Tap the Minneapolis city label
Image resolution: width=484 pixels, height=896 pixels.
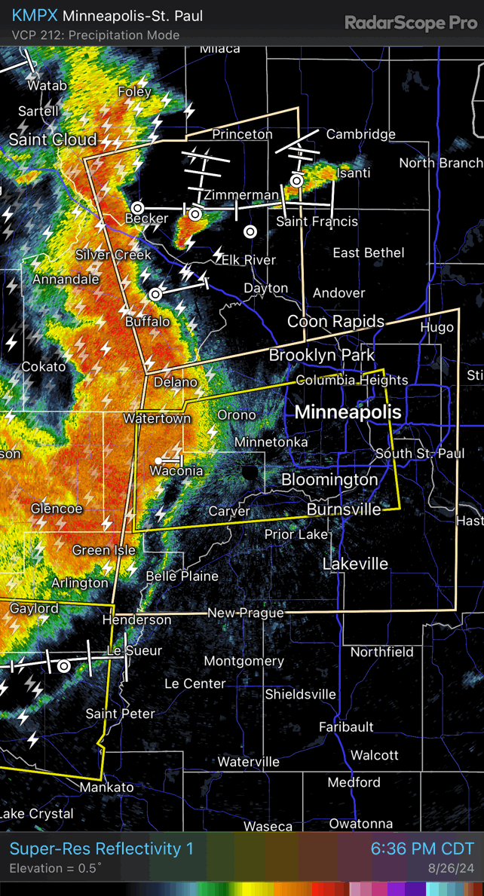pyautogui.click(x=348, y=411)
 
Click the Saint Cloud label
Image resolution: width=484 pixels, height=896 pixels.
pyautogui.click(x=53, y=139)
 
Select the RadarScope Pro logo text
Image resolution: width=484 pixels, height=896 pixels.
pyautogui.click(x=411, y=23)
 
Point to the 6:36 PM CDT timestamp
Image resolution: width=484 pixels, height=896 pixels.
pyautogui.click(x=422, y=849)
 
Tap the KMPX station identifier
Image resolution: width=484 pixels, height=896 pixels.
pyautogui.click(x=35, y=16)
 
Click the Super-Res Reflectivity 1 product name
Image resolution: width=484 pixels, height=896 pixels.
pyautogui.click(x=101, y=849)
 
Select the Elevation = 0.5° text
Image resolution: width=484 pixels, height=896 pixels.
pyautogui.click(x=55, y=869)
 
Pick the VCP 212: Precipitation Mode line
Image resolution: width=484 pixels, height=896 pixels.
pyautogui.click(x=96, y=35)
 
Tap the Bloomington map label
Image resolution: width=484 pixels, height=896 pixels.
pyautogui.click(x=329, y=479)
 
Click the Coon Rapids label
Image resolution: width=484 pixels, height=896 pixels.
pyautogui.click(x=335, y=322)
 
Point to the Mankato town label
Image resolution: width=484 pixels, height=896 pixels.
pyautogui.click(x=106, y=787)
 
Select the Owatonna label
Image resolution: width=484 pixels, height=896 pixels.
pyautogui.click(x=361, y=824)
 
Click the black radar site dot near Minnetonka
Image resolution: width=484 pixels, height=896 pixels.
pyautogui.click(x=249, y=472)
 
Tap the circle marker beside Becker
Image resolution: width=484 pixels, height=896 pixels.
pyautogui.click(x=137, y=207)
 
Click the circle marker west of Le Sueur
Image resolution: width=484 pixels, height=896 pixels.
pyautogui.click(x=64, y=666)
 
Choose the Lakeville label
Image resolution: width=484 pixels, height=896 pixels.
pyautogui.click(x=355, y=564)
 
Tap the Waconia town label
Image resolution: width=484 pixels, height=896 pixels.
pyautogui.click(x=176, y=471)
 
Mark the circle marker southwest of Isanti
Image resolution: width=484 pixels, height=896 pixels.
pyautogui.click(x=297, y=181)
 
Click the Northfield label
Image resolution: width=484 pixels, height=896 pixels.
pyautogui.click(x=381, y=652)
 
